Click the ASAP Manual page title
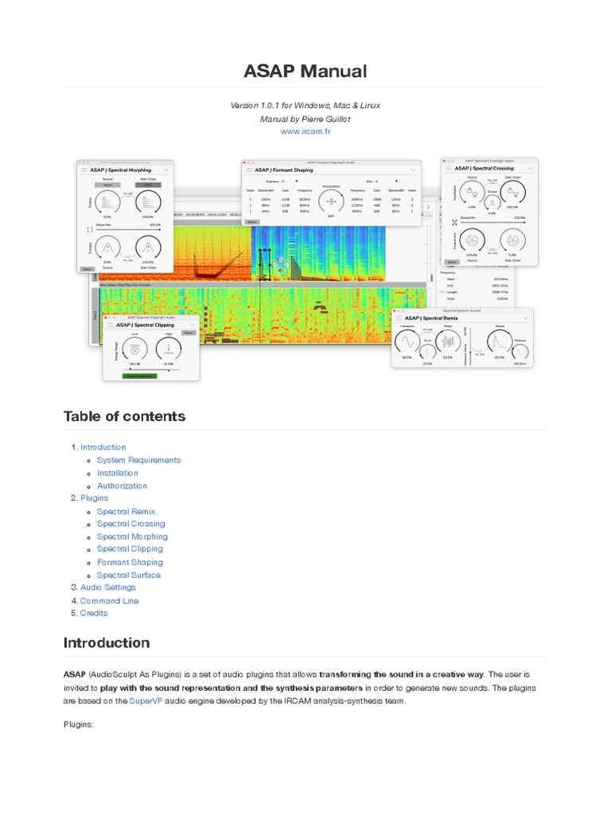(305, 71)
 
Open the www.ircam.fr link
(305, 131)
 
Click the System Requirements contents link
(138, 460)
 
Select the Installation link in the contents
(118, 473)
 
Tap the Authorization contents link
(122, 485)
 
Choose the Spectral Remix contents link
(126, 512)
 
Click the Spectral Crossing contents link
(130, 524)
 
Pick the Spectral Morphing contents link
(132, 536)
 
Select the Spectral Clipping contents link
(130, 548)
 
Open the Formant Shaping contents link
(130, 562)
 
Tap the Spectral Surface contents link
(129, 575)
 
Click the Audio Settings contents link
(108, 587)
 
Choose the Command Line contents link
(109, 601)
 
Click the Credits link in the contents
(94, 613)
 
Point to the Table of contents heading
(124, 416)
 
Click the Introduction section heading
(106, 642)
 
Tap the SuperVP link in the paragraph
(145, 700)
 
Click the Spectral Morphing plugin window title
(121, 170)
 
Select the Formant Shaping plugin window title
(284, 170)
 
